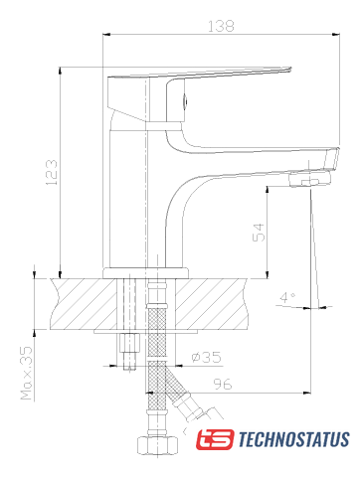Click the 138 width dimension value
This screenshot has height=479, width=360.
[x=221, y=26]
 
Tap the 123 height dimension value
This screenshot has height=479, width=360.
[x=52, y=173]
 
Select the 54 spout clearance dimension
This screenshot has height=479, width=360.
[x=259, y=233]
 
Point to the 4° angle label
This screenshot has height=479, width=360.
[x=287, y=297]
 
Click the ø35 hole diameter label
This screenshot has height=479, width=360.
[x=206, y=357]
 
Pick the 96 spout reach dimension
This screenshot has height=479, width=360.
[x=223, y=384]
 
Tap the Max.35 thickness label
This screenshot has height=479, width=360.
[x=27, y=373]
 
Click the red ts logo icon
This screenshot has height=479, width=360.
[x=215, y=439]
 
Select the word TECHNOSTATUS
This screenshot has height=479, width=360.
[x=293, y=439]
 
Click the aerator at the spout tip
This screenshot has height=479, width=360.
[x=309, y=179]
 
